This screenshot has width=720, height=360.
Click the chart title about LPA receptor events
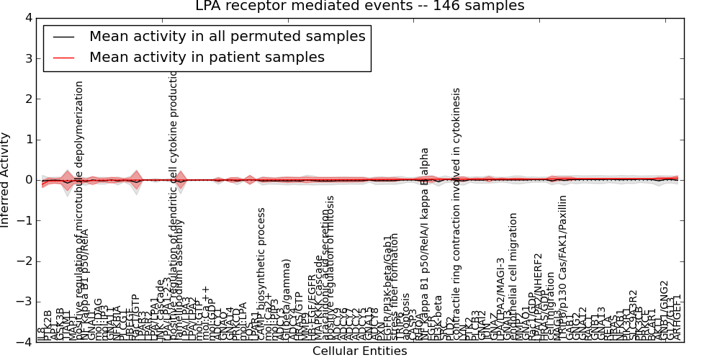[x=360, y=6]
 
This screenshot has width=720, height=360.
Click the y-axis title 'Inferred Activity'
[x=6, y=180]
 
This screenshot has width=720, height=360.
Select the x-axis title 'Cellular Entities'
[x=360, y=351]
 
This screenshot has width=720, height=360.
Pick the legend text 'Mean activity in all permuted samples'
[x=227, y=36]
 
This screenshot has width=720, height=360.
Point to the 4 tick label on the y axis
[x=28, y=18]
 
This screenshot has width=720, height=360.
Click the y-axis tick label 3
[x=28, y=58]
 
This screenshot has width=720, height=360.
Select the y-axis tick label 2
[x=28, y=99]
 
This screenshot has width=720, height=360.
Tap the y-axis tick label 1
[x=28, y=140]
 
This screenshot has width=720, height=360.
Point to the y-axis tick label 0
[x=28, y=180]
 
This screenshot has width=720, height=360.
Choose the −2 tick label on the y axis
[x=25, y=261]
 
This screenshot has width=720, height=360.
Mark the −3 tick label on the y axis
[x=25, y=302]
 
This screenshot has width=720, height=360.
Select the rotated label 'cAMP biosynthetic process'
[x=261, y=274]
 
